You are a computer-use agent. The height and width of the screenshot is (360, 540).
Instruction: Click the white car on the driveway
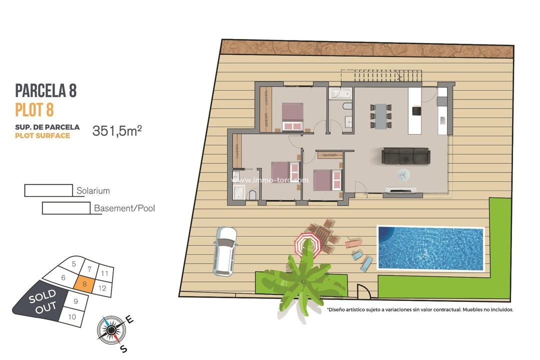point(224,251)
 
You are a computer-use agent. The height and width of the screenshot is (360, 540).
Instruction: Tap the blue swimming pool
point(431,248)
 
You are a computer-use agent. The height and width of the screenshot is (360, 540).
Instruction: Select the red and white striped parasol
point(306,245)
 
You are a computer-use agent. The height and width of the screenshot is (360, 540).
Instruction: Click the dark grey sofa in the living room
point(405,156)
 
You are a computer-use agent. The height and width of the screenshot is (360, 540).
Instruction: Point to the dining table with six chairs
point(381,115)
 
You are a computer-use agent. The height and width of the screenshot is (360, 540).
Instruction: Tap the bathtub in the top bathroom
point(340,93)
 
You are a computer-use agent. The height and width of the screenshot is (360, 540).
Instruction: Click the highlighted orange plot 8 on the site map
point(84,283)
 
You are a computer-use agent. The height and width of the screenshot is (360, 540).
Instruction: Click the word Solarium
point(93,191)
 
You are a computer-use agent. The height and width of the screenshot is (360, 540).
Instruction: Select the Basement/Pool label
point(124,208)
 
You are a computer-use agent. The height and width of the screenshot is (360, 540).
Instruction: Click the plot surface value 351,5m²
point(117,131)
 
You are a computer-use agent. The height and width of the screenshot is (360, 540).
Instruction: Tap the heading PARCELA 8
point(46,91)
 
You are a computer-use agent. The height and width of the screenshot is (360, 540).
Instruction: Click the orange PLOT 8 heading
point(34,109)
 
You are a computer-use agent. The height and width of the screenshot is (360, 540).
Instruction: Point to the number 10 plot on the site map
point(72,316)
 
